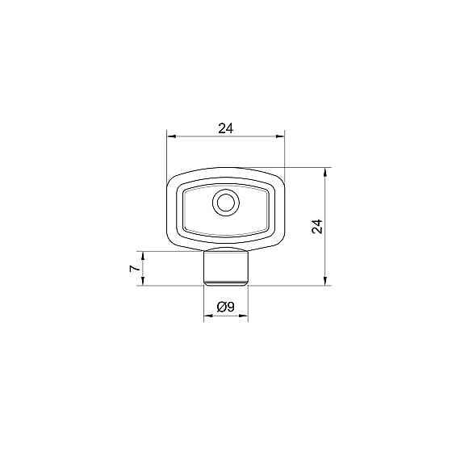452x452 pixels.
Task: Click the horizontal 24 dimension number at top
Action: pyautogui.click(x=225, y=128)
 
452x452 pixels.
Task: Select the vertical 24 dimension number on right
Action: pyautogui.click(x=317, y=226)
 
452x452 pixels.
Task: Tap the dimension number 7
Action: pyautogui.click(x=135, y=269)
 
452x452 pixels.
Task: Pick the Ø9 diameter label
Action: pyautogui.click(x=226, y=307)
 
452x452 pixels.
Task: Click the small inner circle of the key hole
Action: pyautogui.click(x=226, y=203)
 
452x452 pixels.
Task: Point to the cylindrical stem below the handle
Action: pyautogui.click(x=226, y=266)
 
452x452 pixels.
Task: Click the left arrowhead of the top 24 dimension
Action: pyautogui.click(x=171, y=136)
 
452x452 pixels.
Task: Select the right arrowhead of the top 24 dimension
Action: pyautogui.click(x=280, y=136)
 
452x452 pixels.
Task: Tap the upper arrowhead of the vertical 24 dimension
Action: pyautogui.click(x=325, y=172)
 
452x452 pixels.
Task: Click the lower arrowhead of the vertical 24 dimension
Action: pyautogui.click(x=325, y=281)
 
